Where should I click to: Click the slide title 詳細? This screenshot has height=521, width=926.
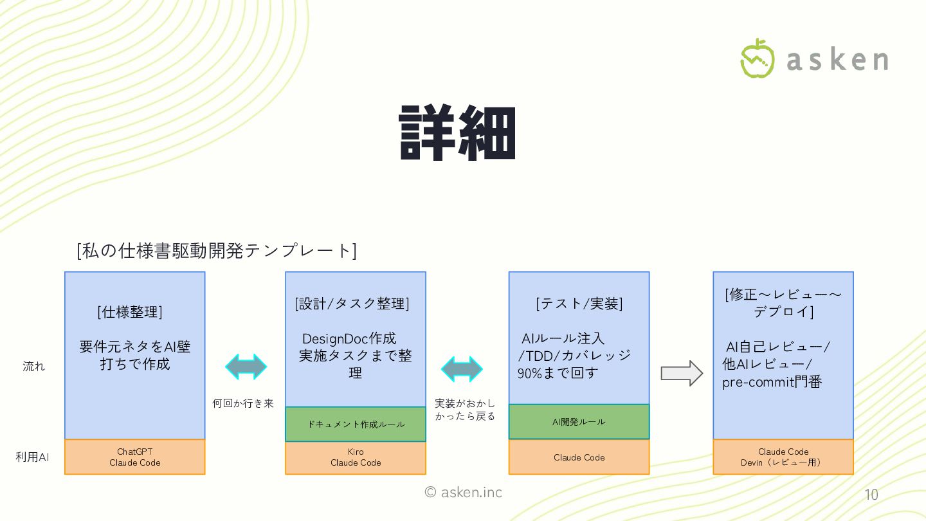tap(457, 133)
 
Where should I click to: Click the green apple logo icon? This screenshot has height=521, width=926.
tap(758, 59)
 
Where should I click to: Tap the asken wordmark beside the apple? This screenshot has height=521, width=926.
tap(837, 60)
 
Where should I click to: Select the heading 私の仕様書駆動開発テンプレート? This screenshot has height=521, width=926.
tap(217, 251)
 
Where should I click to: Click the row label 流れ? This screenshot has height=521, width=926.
tap(34, 367)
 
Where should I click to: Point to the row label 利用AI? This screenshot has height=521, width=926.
tap(32, 457)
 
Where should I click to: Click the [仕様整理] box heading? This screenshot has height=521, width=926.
tap(130, 313)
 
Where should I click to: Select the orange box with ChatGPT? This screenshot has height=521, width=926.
tap(135, 457)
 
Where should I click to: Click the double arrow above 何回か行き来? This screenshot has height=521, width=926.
tap(246, 367)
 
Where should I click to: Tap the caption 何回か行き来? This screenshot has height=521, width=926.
tap(243, 403)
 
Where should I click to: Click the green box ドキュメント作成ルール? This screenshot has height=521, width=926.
tap(356, 424)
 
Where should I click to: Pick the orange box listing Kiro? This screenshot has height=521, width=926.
tap(356, 457)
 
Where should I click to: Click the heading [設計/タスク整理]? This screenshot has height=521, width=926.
tap(352, 304)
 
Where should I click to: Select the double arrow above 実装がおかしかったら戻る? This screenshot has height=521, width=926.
tap(462, 369)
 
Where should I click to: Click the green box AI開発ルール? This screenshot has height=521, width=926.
tap(579, 422)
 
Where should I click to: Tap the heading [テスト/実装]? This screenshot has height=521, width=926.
tap(579, 304)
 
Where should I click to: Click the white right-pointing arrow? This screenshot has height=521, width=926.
tap(682, 373)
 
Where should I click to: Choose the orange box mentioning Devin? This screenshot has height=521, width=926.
tap(783, 457)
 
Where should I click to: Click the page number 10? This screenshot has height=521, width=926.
tap(871, 495)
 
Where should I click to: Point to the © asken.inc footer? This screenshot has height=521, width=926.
tap(463, 492)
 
